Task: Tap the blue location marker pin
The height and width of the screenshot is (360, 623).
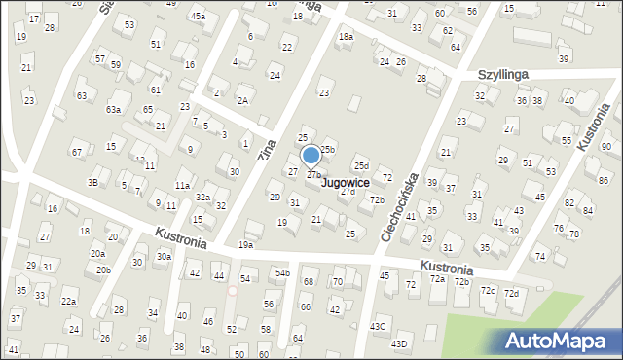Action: (x=311, y=156)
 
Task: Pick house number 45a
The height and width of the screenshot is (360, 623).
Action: (x=198, y=17)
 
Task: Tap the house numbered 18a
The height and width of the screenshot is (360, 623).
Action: (x=346, y=36)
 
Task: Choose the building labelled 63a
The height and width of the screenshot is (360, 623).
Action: (x=114, y=109)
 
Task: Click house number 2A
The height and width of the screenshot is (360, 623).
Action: (x=242, y=100)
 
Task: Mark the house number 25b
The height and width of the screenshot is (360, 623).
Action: (x=328, y=149)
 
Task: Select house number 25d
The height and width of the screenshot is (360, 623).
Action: (x=361, y=166)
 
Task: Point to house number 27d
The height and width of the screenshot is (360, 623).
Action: (x=348, y=191)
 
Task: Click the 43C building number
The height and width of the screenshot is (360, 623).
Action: (x=378, y=326)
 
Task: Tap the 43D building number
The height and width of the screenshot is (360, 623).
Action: (x=399, y=343)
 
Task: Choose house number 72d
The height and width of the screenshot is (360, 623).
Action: (x=511, y=293)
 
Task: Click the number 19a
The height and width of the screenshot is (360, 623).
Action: (x=245, y=245)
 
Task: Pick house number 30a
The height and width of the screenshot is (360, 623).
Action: (x=165, y=256)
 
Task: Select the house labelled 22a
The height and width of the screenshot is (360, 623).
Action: (x=69, y=302)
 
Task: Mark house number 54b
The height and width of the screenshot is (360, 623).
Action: (x=282, y=272)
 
